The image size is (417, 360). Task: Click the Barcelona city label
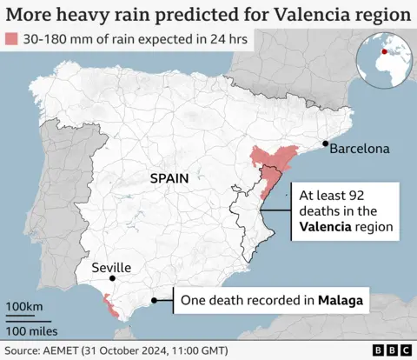(359, 149)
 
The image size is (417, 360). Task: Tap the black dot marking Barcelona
(325, 143)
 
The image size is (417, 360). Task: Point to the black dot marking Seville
(112, 279)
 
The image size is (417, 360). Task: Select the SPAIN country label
(169, 177)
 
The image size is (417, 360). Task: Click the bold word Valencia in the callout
(329, 228)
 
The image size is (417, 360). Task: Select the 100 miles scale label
(32, 330)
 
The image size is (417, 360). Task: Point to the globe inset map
(387, 54)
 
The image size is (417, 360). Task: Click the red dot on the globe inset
(385, 50)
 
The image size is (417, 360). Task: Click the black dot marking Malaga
(154, 301)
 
